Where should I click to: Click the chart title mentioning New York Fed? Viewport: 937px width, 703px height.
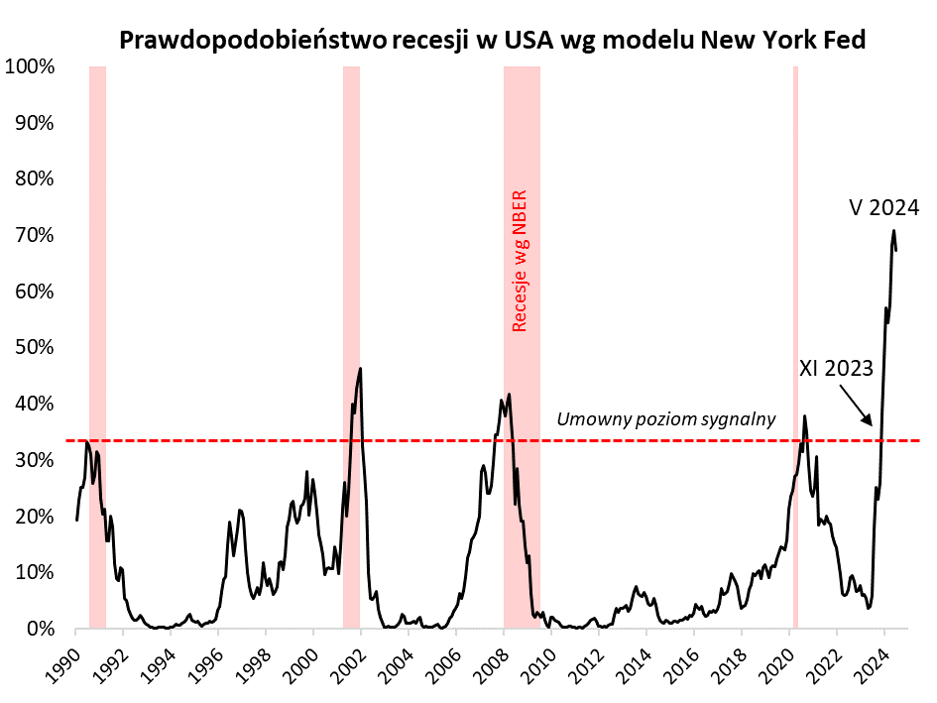[x=492, y=40]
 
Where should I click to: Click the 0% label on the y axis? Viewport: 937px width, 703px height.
[x=39, y=629]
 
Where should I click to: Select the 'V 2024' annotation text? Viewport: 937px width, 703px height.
[x=884, y=208]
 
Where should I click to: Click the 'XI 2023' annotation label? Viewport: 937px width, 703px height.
[x=836, y=369]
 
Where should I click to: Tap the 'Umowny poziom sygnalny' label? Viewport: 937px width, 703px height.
[x=665, y=420]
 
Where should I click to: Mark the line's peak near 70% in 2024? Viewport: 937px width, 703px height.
[x=893, y=231]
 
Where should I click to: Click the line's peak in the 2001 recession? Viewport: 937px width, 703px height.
[x=360, y=368]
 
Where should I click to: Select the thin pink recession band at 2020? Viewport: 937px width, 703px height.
[x=795, y=347]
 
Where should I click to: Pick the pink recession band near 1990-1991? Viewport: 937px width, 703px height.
[x=97, y=347]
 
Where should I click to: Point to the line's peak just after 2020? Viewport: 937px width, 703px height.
[x=804, y=415]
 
